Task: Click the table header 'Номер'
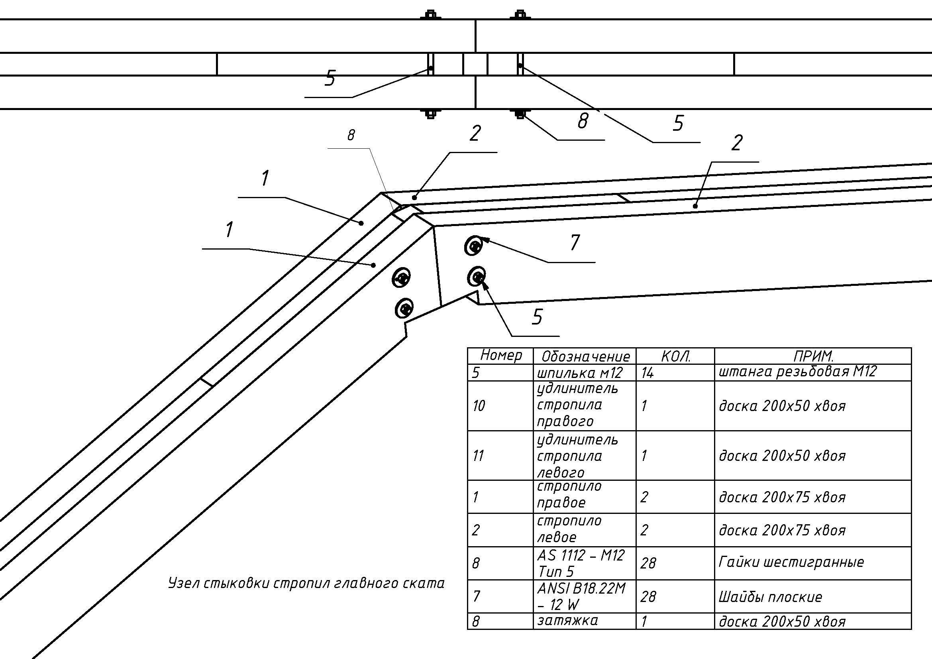[x=500, y=356]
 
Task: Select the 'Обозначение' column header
[x=585, y=356]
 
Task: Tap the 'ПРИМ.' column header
[x=813, y=356]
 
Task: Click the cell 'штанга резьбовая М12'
[x=798, y=372]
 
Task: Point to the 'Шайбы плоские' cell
[x=770, y=596]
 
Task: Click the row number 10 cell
[x=479, y=405]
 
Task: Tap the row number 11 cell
[x=478, y=456]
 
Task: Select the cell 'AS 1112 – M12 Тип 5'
[x=581, y=563]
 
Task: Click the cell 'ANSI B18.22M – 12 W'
[x=581, y=596]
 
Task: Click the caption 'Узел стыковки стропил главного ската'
[x=306, y=584]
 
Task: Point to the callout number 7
[x=575, y=242]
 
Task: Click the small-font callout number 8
[x=351, y=135]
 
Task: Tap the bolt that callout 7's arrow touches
[x=474, y=246]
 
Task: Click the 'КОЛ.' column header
[x=676, y=356]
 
